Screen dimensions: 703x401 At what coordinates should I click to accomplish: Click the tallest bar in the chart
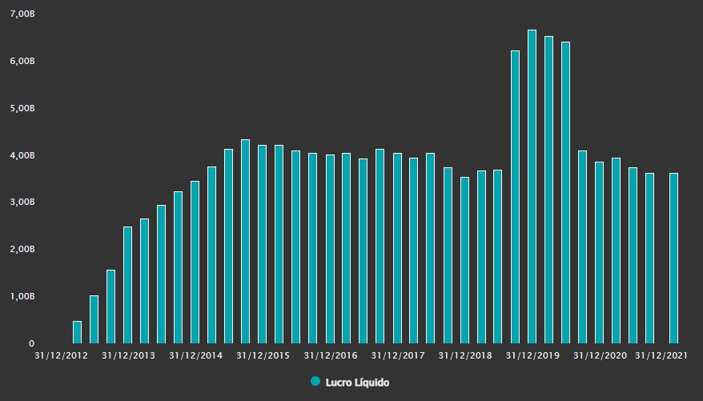click(532, 186)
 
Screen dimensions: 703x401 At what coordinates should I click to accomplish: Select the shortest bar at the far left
click(77, 332)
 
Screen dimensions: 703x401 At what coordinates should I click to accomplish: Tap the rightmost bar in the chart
click(673, 258)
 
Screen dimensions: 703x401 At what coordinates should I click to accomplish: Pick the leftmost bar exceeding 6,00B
click(515, 197)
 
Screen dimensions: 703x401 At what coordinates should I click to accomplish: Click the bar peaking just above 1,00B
click(94, 319)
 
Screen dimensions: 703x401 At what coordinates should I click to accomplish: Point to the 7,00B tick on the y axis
click(22, 14)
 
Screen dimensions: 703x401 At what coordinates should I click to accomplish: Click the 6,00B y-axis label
click(22, 61)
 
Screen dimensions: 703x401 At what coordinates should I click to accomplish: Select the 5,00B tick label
click(22, 108)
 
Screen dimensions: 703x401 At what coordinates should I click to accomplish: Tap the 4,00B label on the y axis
click(22, 155)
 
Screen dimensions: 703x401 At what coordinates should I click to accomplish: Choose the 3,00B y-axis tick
click(22, 202)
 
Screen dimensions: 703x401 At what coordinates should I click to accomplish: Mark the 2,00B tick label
click(22, 249)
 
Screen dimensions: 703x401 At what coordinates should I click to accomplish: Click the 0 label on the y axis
click(31, 343)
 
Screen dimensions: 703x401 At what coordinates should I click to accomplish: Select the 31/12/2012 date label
click(61, 355)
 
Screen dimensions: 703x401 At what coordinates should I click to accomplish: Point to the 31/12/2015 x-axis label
click(263, 355)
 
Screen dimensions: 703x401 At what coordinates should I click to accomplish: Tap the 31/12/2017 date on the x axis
click(398, 355)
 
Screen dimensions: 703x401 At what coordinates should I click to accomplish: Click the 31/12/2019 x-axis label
click(532, 355)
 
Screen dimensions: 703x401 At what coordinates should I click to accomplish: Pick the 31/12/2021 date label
click(661, 355)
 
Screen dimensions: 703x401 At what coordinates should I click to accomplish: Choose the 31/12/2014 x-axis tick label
click(195, 355)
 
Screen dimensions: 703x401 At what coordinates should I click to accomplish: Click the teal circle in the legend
click(315, 381)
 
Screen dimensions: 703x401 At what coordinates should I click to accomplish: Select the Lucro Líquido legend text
click(357, 383)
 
